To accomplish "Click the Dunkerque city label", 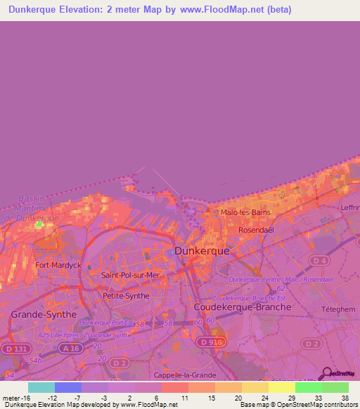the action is (x=203, y=250).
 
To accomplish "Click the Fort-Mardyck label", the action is (x=59, y=265).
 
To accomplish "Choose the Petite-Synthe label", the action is (x=126, y=296).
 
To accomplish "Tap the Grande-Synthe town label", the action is (x=43, y=314).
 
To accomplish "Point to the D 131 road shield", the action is (x=11, y=349).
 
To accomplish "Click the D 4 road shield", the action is (x=320, y=261).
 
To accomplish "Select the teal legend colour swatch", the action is (x=41, y=387).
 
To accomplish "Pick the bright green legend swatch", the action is (x=309, y=387).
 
